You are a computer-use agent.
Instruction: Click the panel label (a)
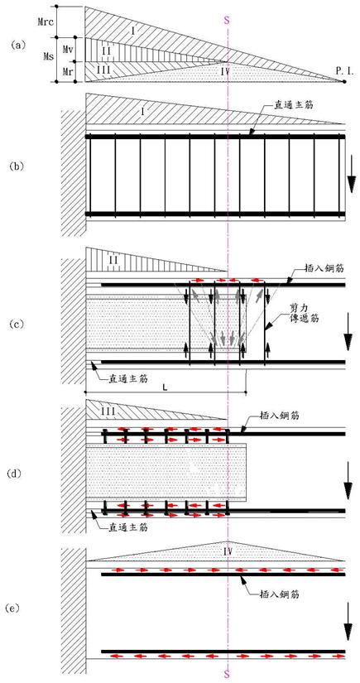click(18, 44)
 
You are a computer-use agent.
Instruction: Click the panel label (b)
click(18, 166)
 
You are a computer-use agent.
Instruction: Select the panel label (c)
click(18, 325)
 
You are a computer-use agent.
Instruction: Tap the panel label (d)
click(18, 473)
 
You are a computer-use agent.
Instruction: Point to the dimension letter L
click(165, 387)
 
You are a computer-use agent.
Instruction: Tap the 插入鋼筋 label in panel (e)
click(281, 594)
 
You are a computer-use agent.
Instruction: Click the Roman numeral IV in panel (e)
click(227, 552)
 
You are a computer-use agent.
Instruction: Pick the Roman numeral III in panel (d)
click(106, 411)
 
